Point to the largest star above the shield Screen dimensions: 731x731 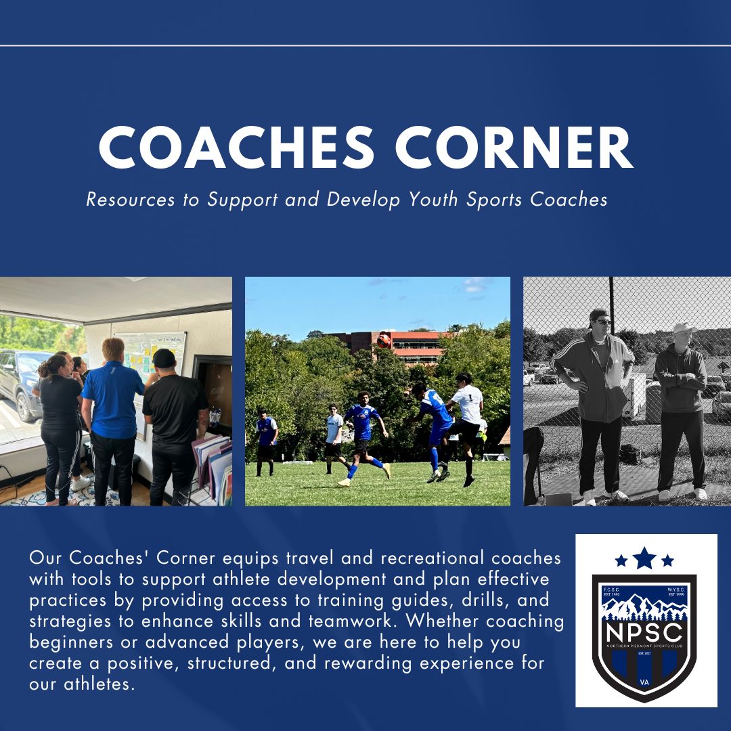pyautogui.click(x=645, y=558)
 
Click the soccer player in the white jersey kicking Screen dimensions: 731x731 pyautogui.click(x=466, y=420)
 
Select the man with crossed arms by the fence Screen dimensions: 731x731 pyautogui.click(x=680, y=406)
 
